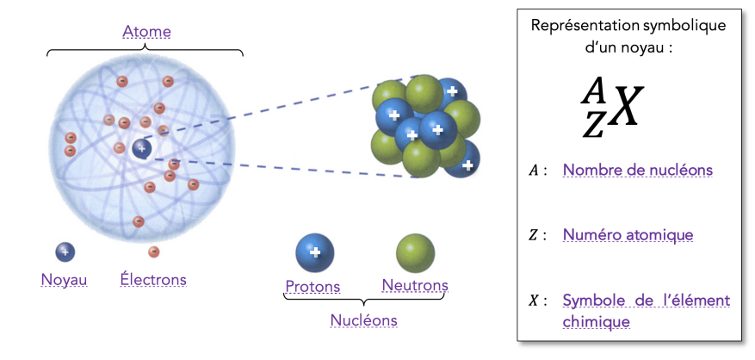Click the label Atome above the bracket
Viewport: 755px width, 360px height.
point(146,32)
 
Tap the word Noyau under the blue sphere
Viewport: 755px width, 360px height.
point(64,280)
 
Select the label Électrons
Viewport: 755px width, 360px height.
point(153,280)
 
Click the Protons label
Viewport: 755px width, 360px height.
point(313,287)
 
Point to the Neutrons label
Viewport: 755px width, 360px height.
point(415,285)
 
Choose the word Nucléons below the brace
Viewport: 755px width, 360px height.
point(364,320)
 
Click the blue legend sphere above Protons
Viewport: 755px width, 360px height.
point(315,252)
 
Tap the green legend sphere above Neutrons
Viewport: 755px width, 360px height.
point(415,252)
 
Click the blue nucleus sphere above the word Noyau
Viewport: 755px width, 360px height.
point(65,251)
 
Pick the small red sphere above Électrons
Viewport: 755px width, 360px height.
point(153,251)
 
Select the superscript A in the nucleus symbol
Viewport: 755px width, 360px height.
point(594,90)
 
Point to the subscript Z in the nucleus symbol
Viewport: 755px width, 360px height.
point(593,125)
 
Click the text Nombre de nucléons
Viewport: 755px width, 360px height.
point(637,170)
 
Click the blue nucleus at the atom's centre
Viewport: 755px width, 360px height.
point(142,148)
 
